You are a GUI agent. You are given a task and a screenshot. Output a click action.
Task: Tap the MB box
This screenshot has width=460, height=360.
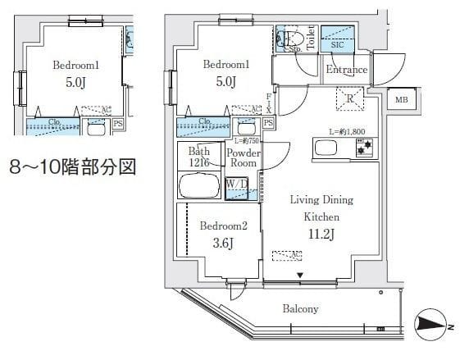(x=401, y=100)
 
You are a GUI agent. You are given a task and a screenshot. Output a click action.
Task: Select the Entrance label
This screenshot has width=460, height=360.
(x=345, y=70)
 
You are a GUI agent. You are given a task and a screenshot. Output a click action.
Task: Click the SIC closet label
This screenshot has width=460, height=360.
(x=337, y=45)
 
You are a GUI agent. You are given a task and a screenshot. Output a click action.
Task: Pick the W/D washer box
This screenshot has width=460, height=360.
(x=236, y=188)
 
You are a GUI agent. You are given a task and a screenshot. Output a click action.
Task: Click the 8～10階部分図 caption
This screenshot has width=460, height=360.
(x=71, y=168)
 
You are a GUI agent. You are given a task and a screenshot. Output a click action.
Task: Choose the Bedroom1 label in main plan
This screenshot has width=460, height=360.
(x=225, y=65)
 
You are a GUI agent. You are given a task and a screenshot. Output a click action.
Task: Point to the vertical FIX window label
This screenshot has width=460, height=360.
(x=269, y=103)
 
